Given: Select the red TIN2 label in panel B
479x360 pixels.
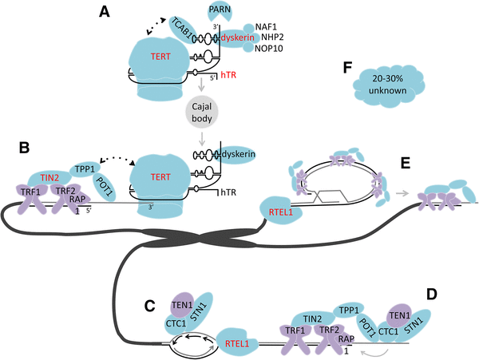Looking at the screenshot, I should pos(52,177).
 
